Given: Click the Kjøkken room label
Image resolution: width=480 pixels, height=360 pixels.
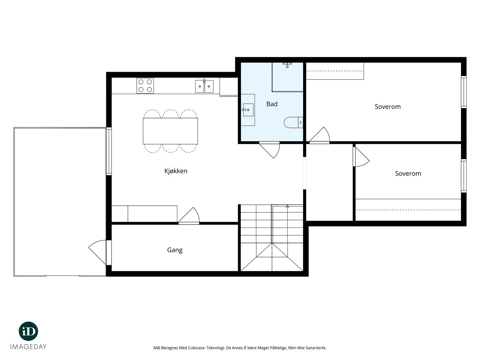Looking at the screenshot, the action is pyautogui.click(x=176, y=171).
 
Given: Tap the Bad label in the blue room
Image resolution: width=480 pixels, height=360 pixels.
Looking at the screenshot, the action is pyautogui.click(x=272, y=104).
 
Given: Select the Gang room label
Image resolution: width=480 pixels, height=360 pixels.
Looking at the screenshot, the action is pyautogui.click(x=175, y=250).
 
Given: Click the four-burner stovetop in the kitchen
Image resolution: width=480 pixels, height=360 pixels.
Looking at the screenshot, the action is pyautogui.click(x=145, y=86).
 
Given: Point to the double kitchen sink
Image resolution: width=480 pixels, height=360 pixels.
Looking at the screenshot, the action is pyautogui.click(x=204, y=86).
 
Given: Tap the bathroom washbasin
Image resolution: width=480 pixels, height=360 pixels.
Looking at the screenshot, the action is pyautogui.click(x=248, y=110).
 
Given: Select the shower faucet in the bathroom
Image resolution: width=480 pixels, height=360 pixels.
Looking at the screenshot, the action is pyautogui.click(x=287, y=64).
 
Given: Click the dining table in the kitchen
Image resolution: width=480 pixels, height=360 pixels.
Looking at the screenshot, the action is pyautogui.click(x=170, y=131).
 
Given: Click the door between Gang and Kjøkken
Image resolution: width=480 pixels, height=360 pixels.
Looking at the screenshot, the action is pyautogui.click(x=189, y=216).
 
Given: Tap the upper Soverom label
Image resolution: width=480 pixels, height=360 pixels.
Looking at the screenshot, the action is pyautogui.click(x=388, y=107).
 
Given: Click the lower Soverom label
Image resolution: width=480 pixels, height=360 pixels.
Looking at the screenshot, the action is pyautogui.click(x=408, y=174).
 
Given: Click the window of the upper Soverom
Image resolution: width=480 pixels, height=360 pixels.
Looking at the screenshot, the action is pyautogui.click(x=463, y=92).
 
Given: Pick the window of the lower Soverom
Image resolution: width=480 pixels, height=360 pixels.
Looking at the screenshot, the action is pyautogui.click(x=463, y=176).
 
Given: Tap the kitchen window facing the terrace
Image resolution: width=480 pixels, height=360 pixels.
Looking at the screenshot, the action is pyautogui.click(x=109, y=151).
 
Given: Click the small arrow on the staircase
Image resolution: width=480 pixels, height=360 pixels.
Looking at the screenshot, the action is pyautogui.click(x=287, y=206).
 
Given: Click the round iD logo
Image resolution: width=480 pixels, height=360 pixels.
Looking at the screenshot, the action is pyautogui.click(x=28, y=331).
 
